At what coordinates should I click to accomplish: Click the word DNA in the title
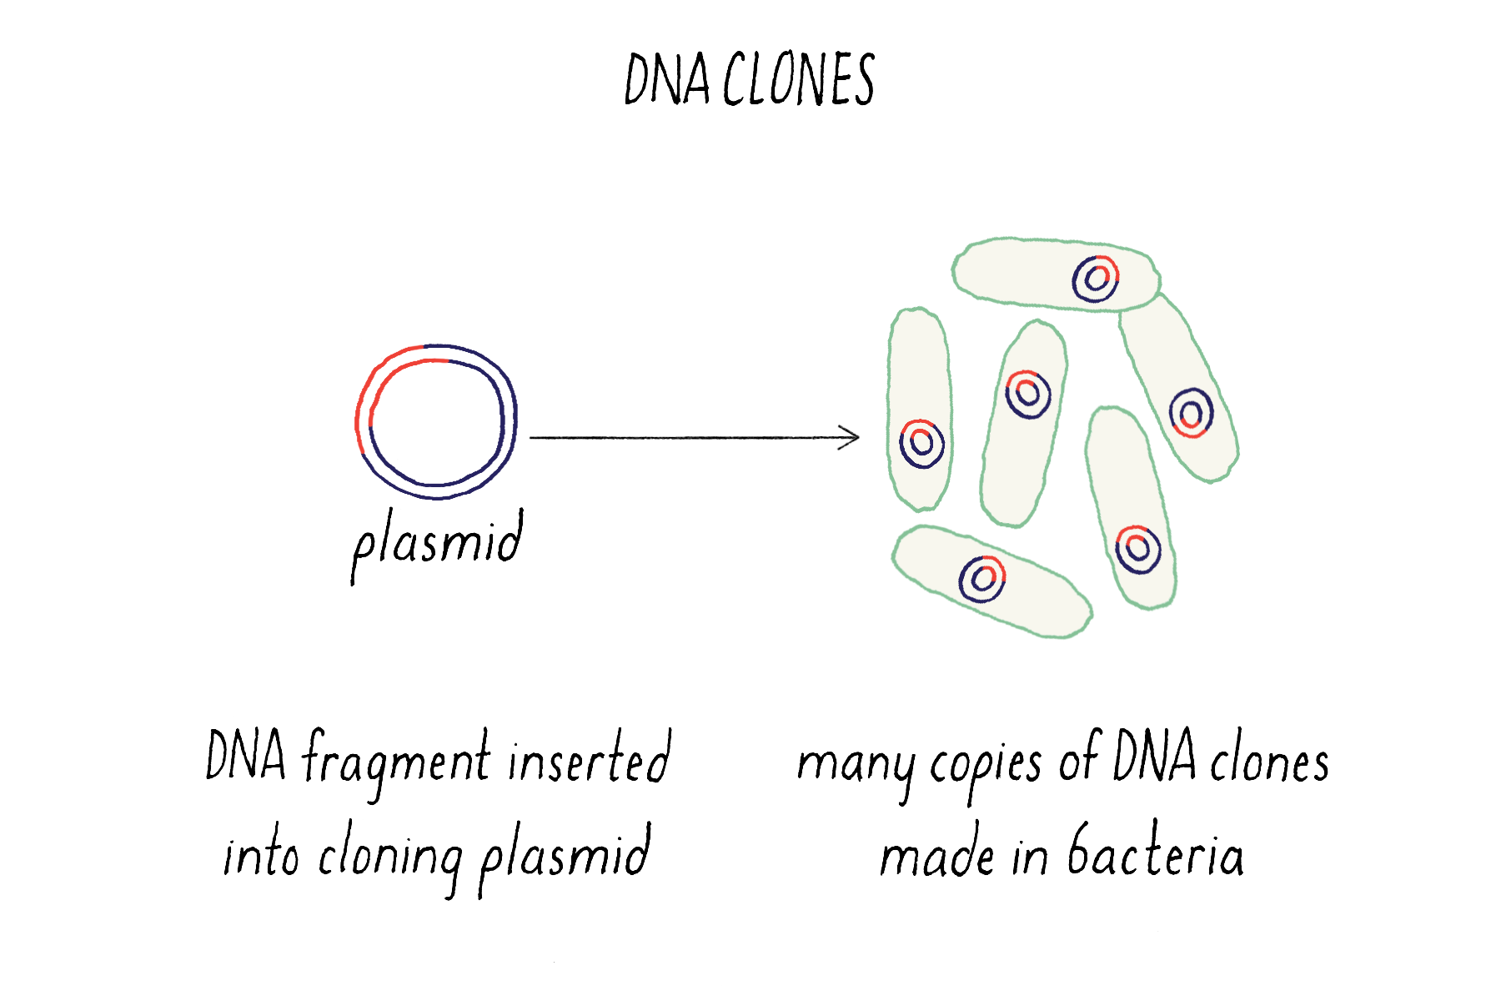click(666, 80)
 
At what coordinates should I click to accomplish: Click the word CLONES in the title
click(798, 80)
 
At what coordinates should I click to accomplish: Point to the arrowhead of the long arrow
click(852, 437)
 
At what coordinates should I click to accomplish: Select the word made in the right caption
click(936, 856)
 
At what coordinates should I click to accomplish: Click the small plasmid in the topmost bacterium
click(1096, 279)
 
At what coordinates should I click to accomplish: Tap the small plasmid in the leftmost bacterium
click(922, 444)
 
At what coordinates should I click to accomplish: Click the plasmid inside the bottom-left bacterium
click(981, 578)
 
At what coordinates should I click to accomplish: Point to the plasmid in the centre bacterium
click(1027, 394)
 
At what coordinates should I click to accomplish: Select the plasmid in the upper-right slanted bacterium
click(1191, 413)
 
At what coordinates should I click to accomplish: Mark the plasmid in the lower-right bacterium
click(1137, 549)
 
